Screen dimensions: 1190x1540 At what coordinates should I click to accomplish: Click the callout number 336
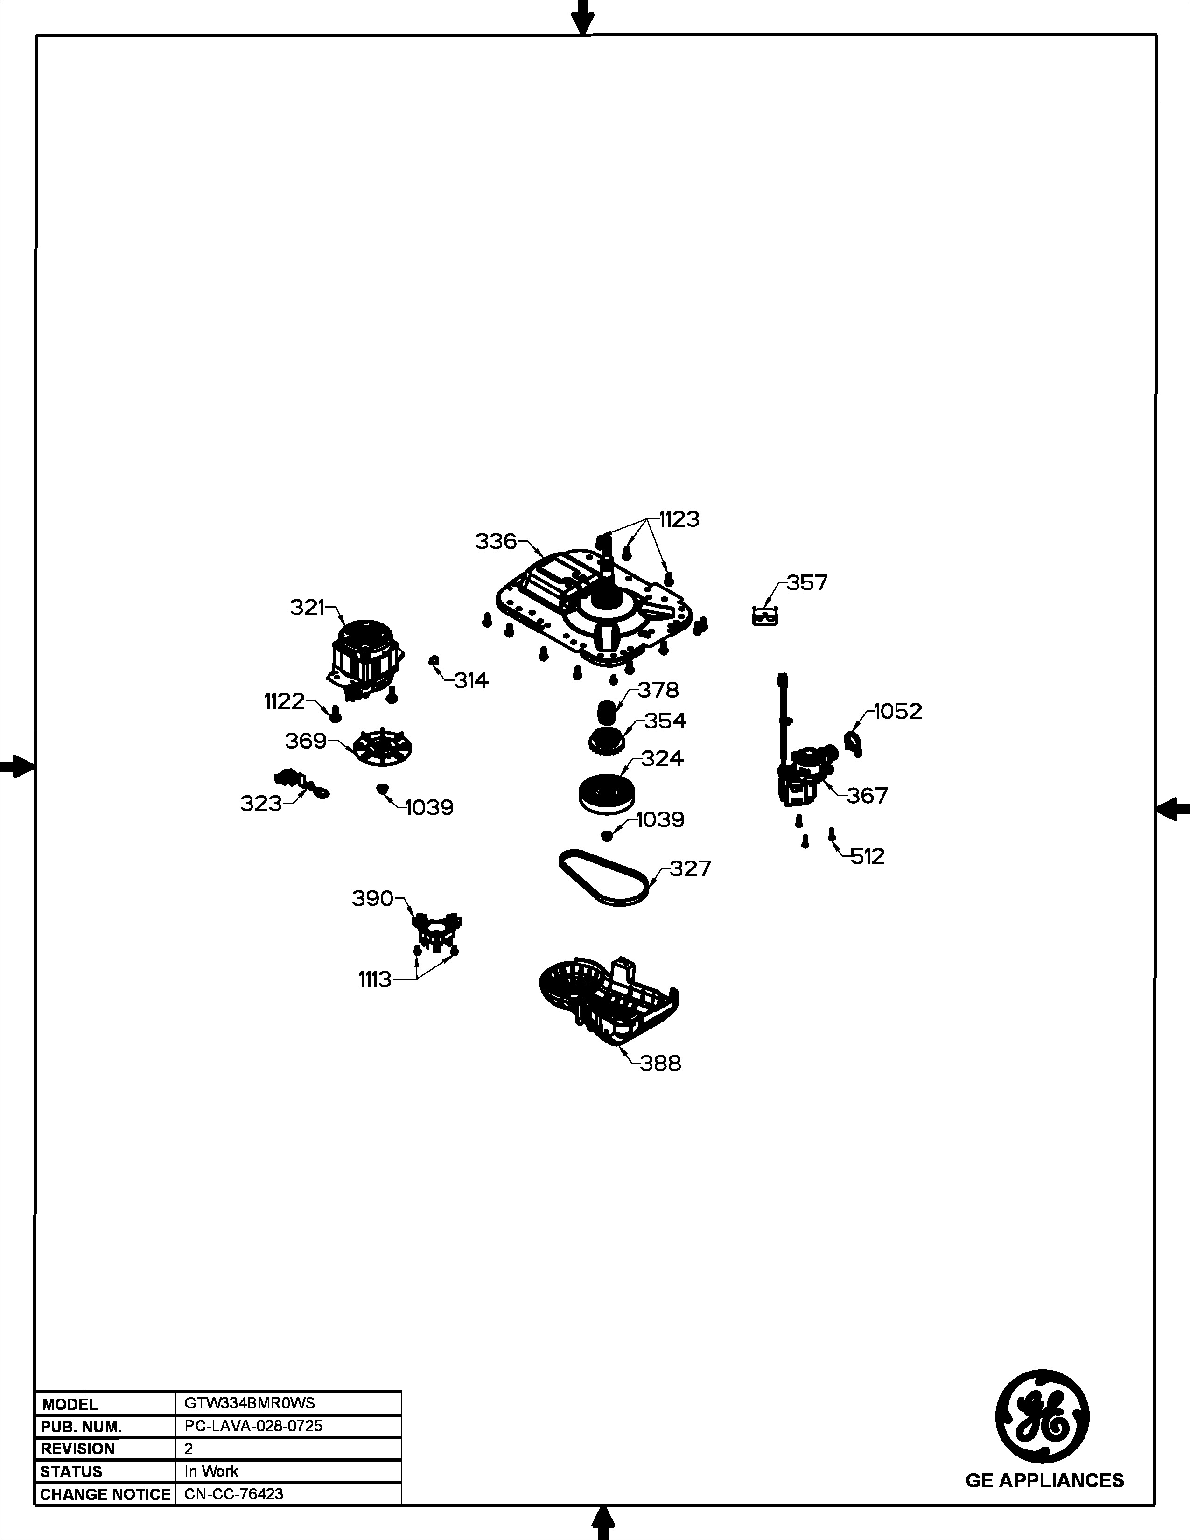[497, 541]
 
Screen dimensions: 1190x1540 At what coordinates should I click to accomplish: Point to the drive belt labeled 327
[604, 878]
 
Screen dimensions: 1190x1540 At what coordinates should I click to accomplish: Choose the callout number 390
[373, 898]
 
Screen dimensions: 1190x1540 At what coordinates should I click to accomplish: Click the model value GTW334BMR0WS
[250, 1402]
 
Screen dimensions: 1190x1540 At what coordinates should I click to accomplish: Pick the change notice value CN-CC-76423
[234, 1493]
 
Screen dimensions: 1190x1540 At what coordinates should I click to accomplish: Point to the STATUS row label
[71, 1471]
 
